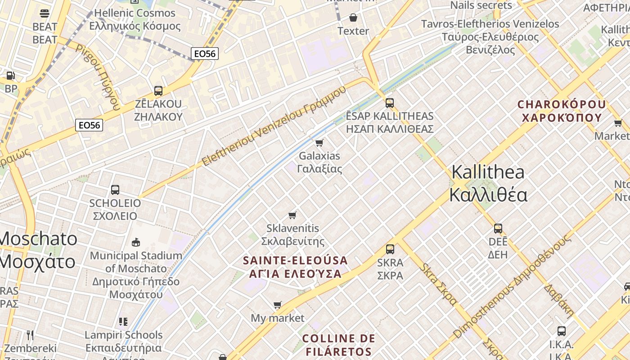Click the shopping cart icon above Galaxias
pyautogui.click(x=319, y=143)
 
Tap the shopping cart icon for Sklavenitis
pyautogui.click(x=292, y=215)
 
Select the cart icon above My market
pyautogui.click(x=278, y=305)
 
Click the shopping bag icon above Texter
pyautogui.click(x=353, y=18)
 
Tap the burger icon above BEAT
pyautogui.click(x=45, y=13)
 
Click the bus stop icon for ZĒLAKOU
pyautogui.click(x=158, y=90)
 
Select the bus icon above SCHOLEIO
pyautogui.click(x=115, y=190)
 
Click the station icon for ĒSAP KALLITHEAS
pyautogui.click(x=390, y=103)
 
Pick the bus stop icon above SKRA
pyautogui.click(x=390, y=249)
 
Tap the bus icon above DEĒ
pyautogui.click(x=498, y=228)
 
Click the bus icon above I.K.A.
pyautogui.click(x=562, y=331)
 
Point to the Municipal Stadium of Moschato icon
pyautogui.click(x=136, y=243)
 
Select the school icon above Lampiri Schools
pyautogui.click(x=123, y=322)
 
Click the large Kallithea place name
pyautogui.click(x=488, y=184)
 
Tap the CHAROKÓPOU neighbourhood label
pyautogui.click(x=562, y=111)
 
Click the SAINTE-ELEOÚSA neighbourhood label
pyautogui.click(x=295, y=267)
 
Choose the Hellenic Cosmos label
pyautogui.click(x=135, y=19)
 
